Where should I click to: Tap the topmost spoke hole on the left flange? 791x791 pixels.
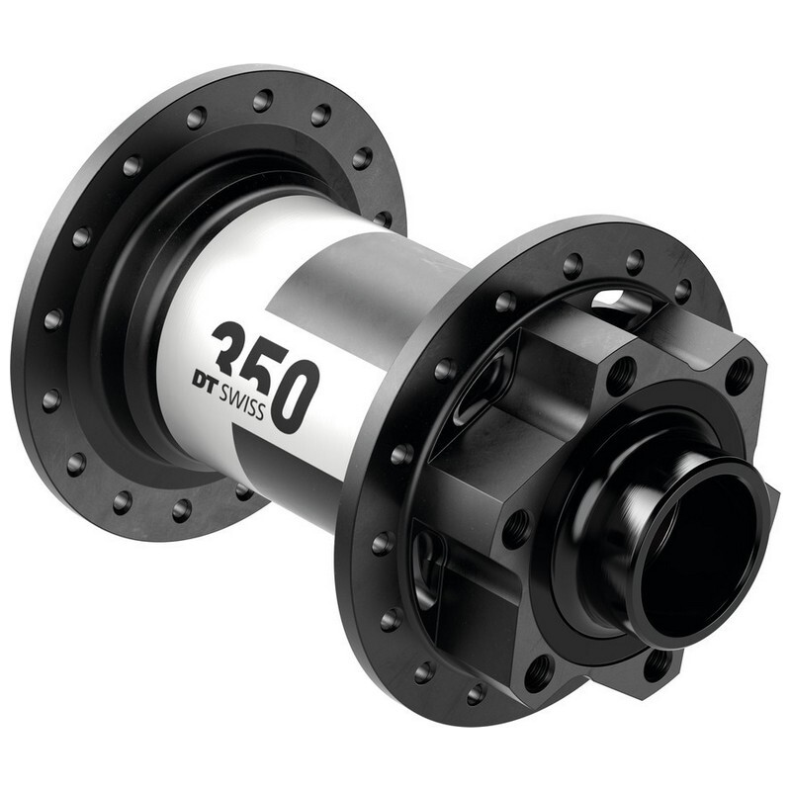click(x=263, y=100)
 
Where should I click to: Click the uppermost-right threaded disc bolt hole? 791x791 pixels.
click(x=738, y=375)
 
